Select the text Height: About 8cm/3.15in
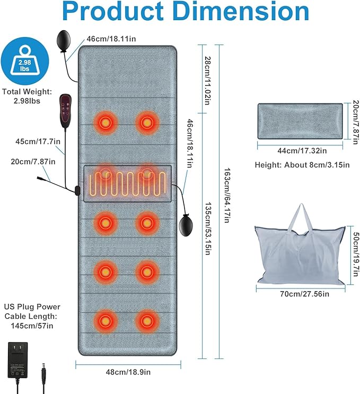pos(301,165)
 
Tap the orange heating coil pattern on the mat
pos(128,183)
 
